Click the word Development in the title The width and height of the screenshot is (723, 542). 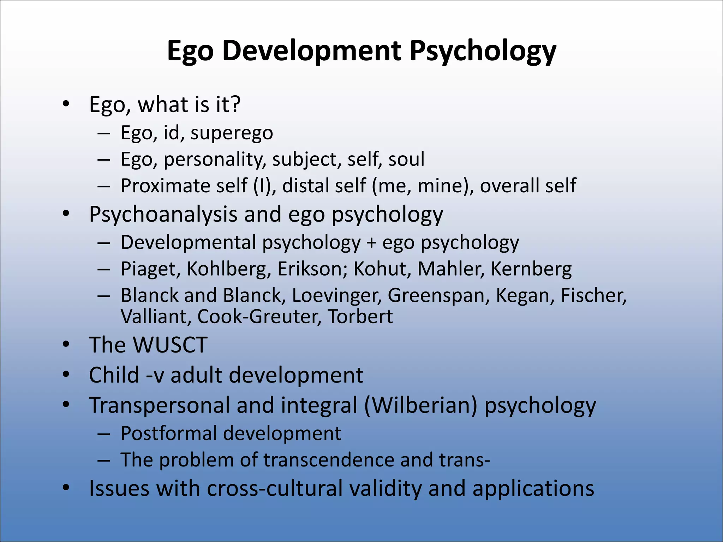pyautogui.click(x=311, y=51)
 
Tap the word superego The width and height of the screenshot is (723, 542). pyautogui.click(x=232, y=133)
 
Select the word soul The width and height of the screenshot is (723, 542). pyautogui.click(x=406, y=159)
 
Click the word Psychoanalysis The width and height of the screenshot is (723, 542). pyautogui.click(x=163, y=214)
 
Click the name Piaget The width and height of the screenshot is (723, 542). pyautogui.click(x=151, y=269)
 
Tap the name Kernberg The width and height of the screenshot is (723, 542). pyautogui.click(x=531, y=269)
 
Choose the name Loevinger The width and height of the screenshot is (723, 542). pyautogui.click(x=337, y=295)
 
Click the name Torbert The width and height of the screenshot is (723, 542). pyautogui.click(x=360, y=317)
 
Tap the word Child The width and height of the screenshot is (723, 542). pyautogui.click(x=114, y=375)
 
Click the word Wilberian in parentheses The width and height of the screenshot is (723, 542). pyautogui.click(x=420, y=405)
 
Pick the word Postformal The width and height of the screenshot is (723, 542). pyautogui.click(x=169, y=433)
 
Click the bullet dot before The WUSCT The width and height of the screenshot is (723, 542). pyautogui.click(x=66, y=345)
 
